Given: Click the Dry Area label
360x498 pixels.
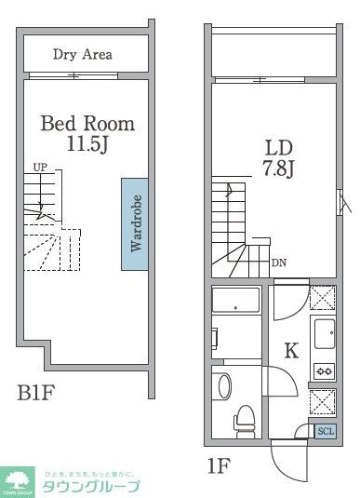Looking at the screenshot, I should point(82,55).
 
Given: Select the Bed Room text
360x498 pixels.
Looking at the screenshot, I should point(87,124).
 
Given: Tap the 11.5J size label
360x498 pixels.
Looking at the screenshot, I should point(87,145).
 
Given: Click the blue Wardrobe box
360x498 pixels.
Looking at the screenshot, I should point(134,223).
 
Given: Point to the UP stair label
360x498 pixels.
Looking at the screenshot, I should point(40,168).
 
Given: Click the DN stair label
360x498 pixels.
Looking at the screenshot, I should point(279,262).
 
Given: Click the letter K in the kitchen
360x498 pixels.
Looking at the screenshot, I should point(291,351).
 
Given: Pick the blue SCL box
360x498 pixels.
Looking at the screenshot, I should point(325,430).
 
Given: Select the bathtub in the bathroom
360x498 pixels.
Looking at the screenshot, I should point(235,300).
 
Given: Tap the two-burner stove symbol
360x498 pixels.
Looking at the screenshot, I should point(325,370).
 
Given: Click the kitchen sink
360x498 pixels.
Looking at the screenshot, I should point(325,333).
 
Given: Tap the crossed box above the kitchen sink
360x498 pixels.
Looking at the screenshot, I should point(323,297).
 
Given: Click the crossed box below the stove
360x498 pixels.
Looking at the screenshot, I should point(323,401).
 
